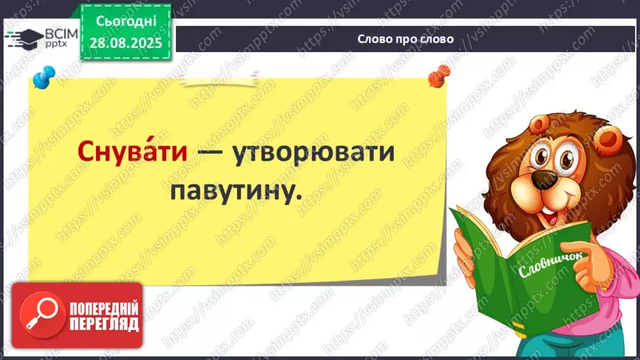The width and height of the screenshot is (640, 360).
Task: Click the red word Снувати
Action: point(133,153)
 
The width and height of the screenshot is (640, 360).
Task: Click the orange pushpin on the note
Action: point(438,75)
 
